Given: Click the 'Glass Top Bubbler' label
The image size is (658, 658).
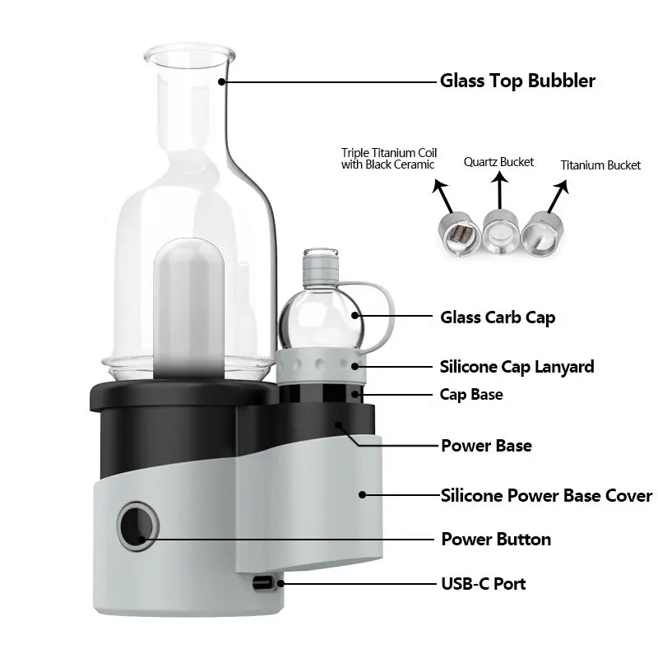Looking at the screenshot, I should click(517, 81).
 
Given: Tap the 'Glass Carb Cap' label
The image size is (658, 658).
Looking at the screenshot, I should click(498, 317).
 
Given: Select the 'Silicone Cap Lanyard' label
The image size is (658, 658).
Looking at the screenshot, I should click(517, 367).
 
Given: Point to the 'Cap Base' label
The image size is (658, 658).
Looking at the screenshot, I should click(471, 395).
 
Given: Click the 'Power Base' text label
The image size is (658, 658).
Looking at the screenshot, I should click(486, 446).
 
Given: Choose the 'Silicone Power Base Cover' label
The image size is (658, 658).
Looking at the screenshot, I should click(546, 496).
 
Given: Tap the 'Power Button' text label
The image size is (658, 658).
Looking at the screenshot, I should click(496, 540).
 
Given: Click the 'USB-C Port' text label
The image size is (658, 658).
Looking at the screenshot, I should click(483, 584).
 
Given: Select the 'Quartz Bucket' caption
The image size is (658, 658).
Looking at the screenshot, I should click(498, 162).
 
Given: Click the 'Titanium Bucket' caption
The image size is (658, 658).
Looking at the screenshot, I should click(600, 165).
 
